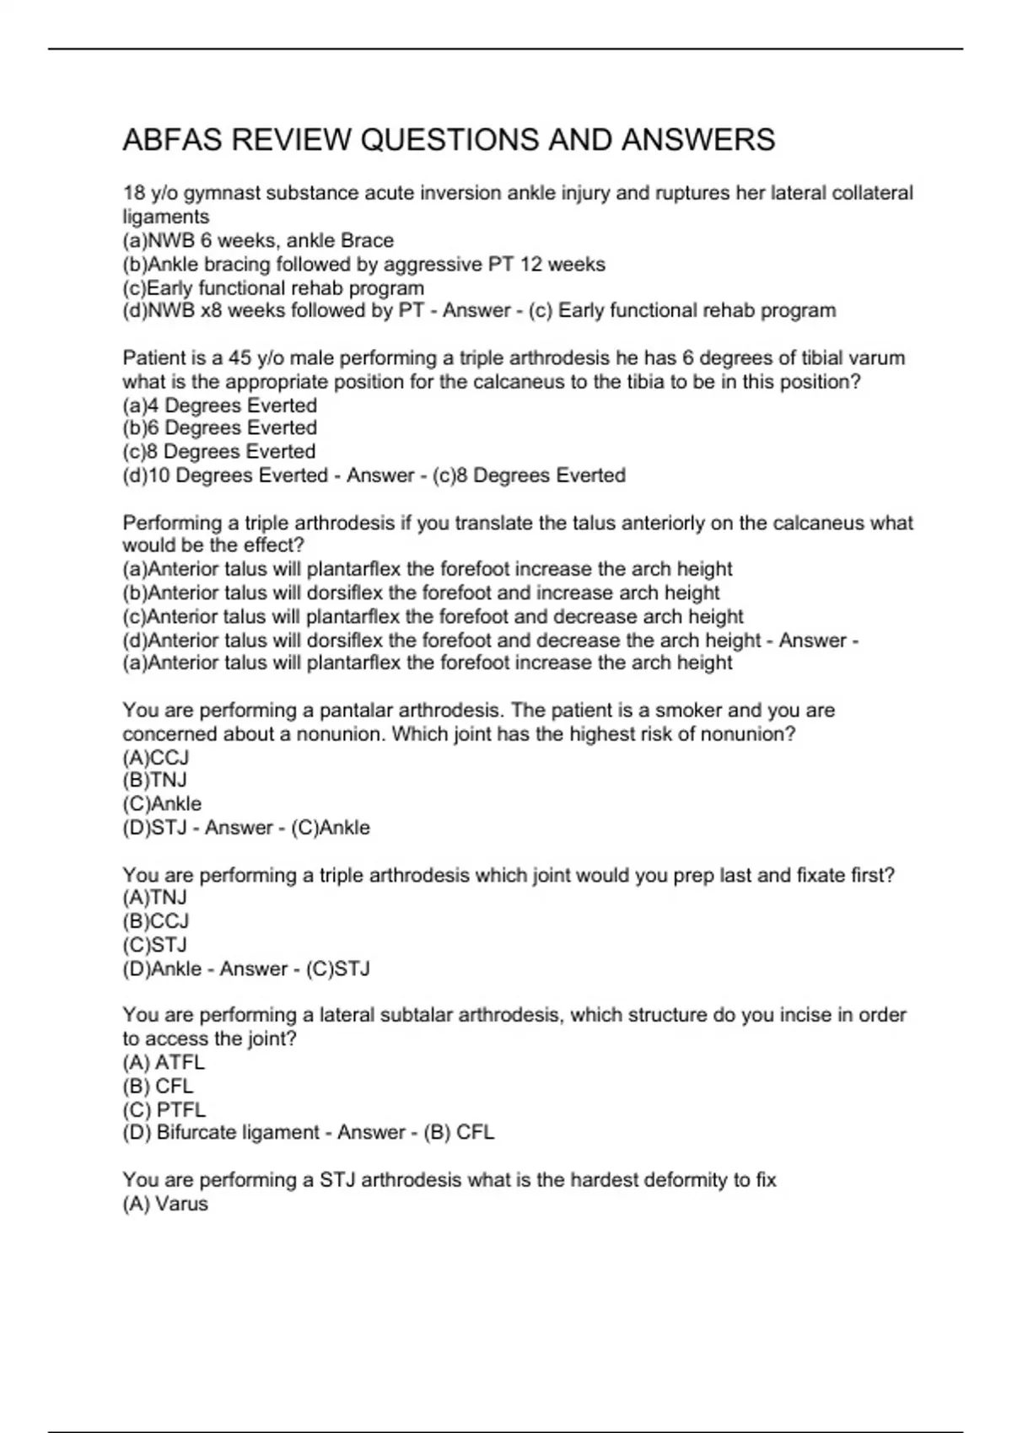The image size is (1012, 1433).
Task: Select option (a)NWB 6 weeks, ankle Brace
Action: tap(258, 240)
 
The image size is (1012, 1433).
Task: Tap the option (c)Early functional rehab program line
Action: tap(273, 287)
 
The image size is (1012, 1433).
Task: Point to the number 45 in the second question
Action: tap(240, 357)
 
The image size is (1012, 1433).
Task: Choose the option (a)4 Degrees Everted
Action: tap(219, 405)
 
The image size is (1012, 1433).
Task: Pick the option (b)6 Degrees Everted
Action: tap(219, 428)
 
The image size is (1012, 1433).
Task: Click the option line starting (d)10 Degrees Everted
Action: tap(225, 475)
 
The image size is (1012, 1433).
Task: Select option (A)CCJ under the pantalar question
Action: tap(156, 757)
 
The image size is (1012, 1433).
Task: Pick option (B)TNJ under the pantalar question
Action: tap(155, 781)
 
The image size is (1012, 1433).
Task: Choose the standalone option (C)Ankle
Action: tap(162, 803)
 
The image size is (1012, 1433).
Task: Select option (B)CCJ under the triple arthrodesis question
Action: tap(156, 921)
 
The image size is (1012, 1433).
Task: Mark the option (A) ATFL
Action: tap(164, 1062)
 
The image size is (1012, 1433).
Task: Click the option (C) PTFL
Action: tap(164, 1109)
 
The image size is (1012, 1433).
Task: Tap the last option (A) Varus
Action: tap(165, 1204)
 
